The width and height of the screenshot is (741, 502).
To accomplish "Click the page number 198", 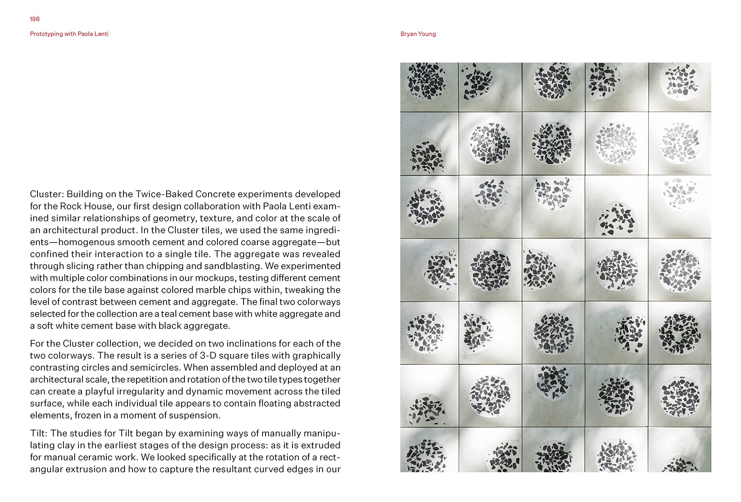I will click(35, 19).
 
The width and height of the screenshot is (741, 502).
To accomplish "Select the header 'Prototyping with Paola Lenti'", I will click(69, 34).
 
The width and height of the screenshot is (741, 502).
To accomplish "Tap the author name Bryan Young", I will click(418, 34).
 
